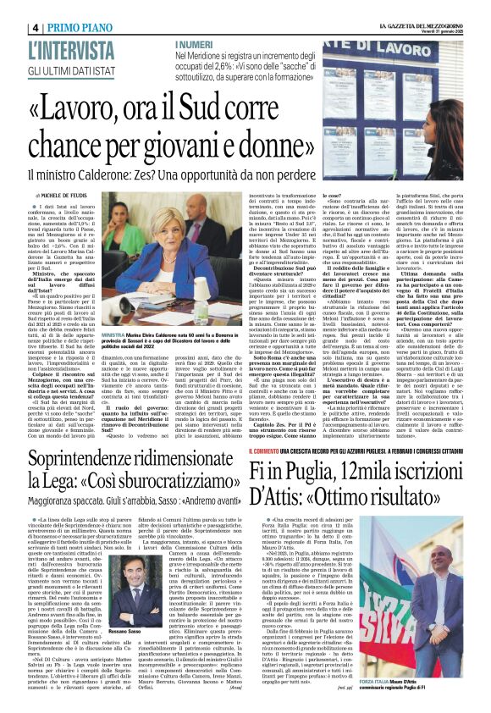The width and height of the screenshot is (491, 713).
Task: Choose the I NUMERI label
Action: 194,42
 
